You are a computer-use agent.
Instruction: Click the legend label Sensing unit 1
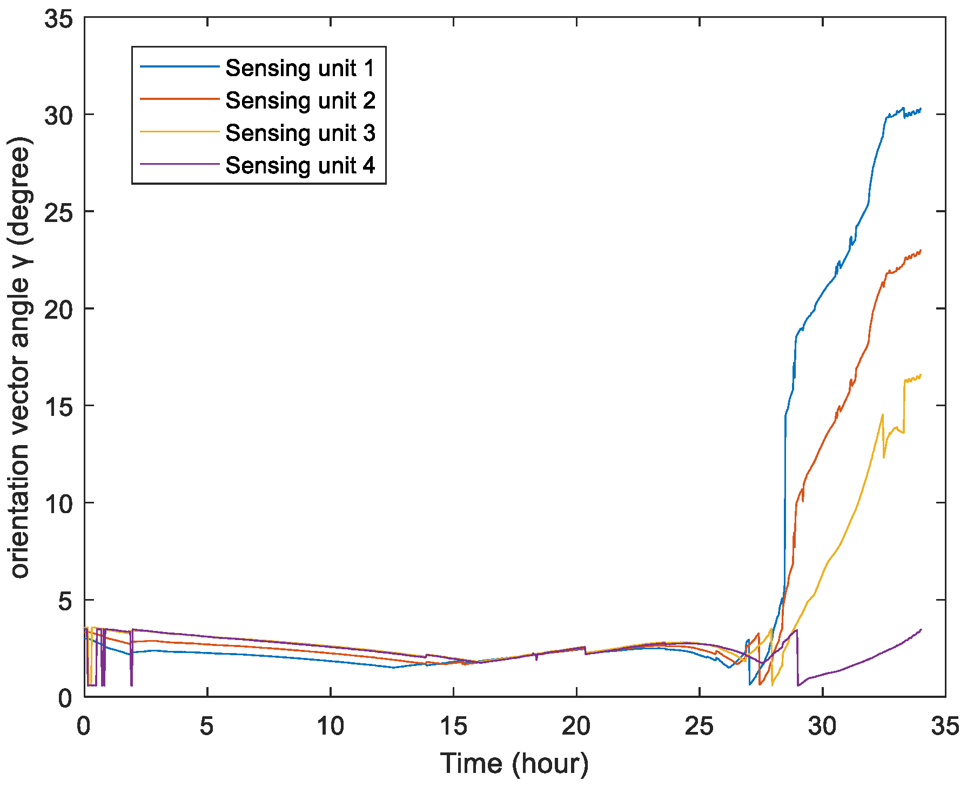(x=300, y=68)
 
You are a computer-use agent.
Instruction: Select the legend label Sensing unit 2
(x=300, y=100)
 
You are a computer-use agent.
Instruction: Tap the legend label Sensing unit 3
(x=300, y=133)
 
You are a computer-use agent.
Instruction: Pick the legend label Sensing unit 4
(x=300, y=165)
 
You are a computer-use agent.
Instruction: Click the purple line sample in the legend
(x=179, y=164)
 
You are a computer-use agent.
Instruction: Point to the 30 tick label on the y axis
(x=58, y=115)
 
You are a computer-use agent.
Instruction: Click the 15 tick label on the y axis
(x=58, y=406)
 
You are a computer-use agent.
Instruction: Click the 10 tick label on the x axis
(x=330, y=727)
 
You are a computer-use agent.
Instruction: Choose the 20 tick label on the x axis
(x=576, y=727)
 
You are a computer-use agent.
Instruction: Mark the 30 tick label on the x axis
(x=822, y=727)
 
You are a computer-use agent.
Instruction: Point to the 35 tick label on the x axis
(x=945, y=727)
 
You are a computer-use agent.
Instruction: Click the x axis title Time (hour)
(x=514, y=764)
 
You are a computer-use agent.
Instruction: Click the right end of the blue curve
(x=921, y=109)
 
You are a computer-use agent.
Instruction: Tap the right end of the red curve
(x=921, y=251)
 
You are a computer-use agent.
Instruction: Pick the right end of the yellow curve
(x=921, y=375)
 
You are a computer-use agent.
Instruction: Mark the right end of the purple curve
(x=921, y=630)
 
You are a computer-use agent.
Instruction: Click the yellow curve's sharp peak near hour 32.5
(x=883, y=415)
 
